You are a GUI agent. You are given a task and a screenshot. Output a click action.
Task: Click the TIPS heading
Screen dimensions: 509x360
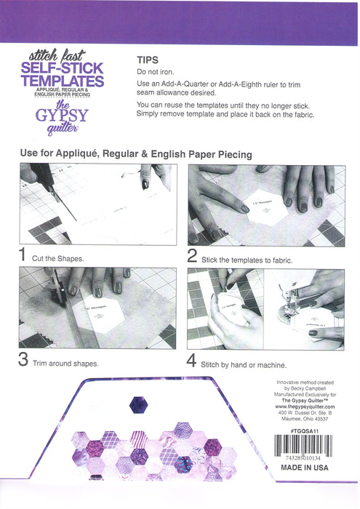148,61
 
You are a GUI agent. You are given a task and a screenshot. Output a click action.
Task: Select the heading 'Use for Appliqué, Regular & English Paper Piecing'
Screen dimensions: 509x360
136,154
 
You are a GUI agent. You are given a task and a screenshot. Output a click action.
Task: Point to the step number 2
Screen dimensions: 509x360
193,255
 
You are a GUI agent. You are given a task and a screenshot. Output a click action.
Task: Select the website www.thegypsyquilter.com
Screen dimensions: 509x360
305,406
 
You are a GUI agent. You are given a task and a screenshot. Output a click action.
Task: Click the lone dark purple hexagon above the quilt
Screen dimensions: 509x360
137,405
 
